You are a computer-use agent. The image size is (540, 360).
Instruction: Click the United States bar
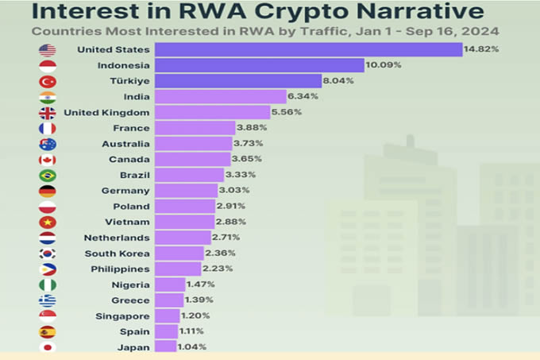308,50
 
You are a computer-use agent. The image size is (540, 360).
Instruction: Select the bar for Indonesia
259,65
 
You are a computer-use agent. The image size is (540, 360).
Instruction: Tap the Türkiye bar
237,81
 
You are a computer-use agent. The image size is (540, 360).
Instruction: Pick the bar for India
220,97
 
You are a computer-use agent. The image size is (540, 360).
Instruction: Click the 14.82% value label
482,50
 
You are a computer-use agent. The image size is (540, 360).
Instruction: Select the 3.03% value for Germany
235,191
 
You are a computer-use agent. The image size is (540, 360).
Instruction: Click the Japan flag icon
47,346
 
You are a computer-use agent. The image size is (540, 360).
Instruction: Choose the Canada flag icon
47,160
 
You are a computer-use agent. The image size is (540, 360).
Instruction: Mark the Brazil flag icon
47,175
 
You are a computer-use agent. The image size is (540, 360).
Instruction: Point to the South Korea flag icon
47,254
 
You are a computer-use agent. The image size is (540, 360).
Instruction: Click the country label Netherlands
117,238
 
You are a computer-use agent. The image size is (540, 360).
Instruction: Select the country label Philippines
119,269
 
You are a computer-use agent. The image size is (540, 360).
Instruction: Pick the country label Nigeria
130,285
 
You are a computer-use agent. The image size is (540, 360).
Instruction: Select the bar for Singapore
167,315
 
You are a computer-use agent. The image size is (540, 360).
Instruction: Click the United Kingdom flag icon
47,112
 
